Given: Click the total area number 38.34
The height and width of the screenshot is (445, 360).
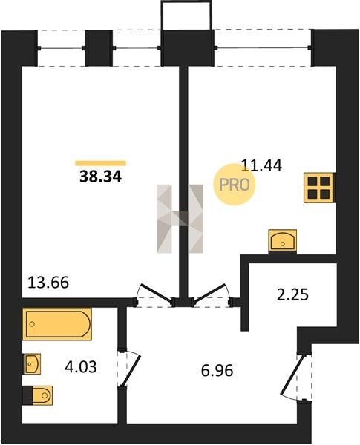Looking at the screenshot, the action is [x=101, y=177].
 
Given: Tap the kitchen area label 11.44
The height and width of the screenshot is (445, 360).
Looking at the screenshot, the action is [x=261, y=165].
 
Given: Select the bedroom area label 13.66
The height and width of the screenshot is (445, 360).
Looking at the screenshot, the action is [x=48, y=283].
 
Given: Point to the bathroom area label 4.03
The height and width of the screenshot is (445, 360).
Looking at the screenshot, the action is [x=81, y=366].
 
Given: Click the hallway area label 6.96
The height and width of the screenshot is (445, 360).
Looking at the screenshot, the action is [x=217, y=370].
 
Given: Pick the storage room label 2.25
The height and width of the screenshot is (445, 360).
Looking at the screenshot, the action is [x=292, y=294].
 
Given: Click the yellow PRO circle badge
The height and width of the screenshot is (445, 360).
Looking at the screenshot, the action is [x=235, y=185].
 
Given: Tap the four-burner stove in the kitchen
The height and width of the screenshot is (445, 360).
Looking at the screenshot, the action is [x=318, y=188].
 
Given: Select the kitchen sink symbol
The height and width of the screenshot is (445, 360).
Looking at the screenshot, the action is [x=282, y=240].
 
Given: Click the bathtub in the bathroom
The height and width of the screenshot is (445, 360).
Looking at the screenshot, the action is [x=57, y=324].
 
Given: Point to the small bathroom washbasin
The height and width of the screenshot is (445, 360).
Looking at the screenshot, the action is [x=31, y=363].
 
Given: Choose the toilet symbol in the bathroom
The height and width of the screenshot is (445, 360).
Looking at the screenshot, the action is [x=38, y=395].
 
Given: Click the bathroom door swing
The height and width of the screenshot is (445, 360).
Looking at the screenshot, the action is [x=129, y=369].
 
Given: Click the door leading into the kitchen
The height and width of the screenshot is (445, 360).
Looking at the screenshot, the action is [x=212, y=295].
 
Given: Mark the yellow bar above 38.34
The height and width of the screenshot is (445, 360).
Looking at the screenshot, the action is [x=101, y=163].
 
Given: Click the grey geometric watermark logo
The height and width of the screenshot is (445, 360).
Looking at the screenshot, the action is [x=180, y=219].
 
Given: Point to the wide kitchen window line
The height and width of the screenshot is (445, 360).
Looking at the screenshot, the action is [x=263, y=48].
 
